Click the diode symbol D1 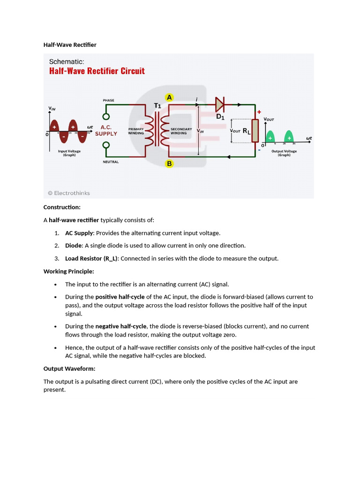tap(219, 104)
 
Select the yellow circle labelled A tap(169, 97)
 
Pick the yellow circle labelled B tap(169, 164)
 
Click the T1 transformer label tap(157, 106)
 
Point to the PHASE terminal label tap(108, 100)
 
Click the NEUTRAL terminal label tap(111, 162)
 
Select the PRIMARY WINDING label tap(136, 131)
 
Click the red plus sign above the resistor tap(258, 112)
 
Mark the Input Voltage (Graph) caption tap(69, 153)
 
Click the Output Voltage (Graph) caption tap(284, 153)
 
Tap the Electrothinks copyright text tap(69, 193)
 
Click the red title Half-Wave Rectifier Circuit tap(97, 71)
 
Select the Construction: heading tap(62, 207)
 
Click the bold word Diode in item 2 tap(73, 246)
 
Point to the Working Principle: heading tap(69, 271)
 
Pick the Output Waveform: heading tap(69, 369)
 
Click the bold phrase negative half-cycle tap(121, 326)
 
